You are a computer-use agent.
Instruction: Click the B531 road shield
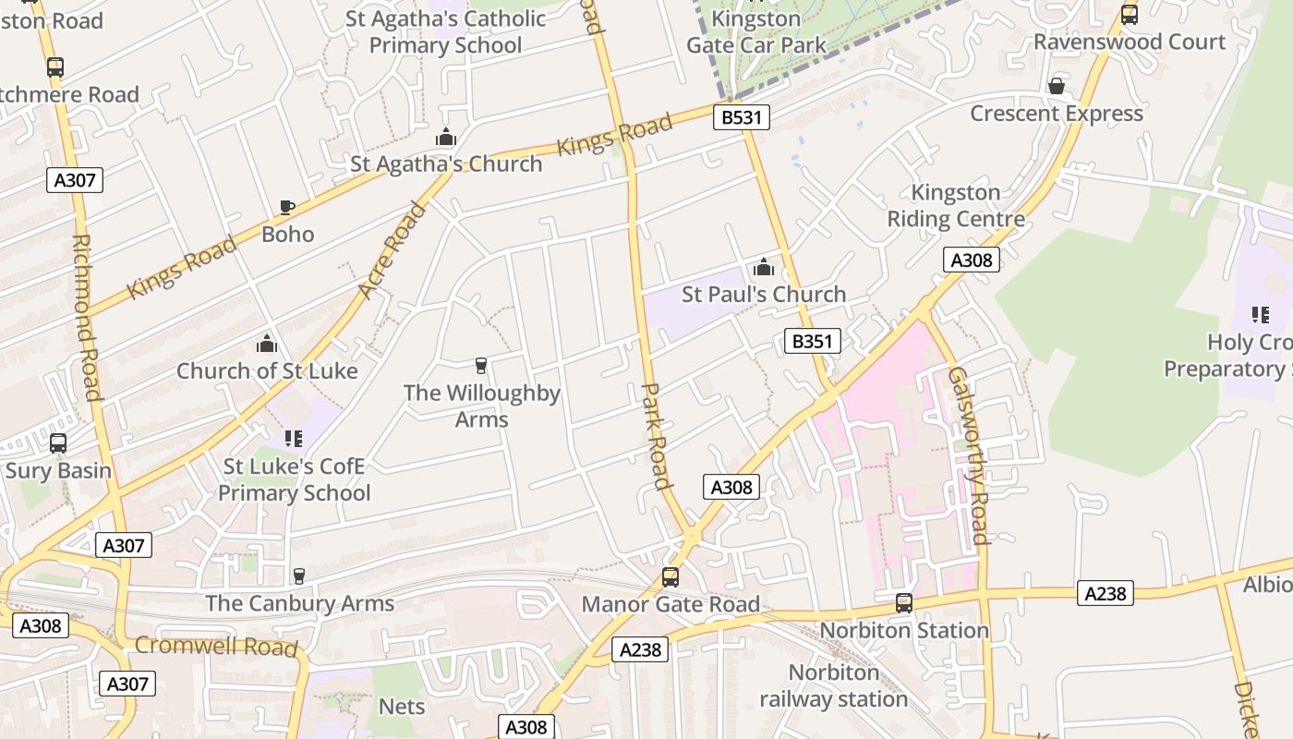[741, 116]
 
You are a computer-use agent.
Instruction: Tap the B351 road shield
[813, 341]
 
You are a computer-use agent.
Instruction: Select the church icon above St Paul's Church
[764, 268]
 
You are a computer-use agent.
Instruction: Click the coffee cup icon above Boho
[287, 207]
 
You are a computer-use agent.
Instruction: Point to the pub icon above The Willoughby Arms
[481, 366]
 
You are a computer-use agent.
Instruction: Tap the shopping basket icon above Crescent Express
[1057, 86]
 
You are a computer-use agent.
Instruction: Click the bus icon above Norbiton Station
[904, 603]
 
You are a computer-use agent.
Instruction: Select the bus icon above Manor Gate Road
[671, 577]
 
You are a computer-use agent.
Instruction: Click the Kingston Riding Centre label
[956, 206]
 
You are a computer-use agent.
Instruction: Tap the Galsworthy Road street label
[968, 455]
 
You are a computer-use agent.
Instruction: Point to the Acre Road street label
[392, 250]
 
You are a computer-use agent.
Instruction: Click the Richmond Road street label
[85, 317]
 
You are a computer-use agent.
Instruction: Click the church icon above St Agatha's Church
[446, 138]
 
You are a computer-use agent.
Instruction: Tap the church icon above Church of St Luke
[267, 345]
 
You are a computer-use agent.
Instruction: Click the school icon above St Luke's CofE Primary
[294, 439]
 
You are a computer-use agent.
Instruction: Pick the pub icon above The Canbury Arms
[298, 576]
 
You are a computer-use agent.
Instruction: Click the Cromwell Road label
[217, 645]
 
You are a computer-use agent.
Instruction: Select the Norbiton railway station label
[833, 686]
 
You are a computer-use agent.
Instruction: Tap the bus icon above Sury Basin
[58, 443]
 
